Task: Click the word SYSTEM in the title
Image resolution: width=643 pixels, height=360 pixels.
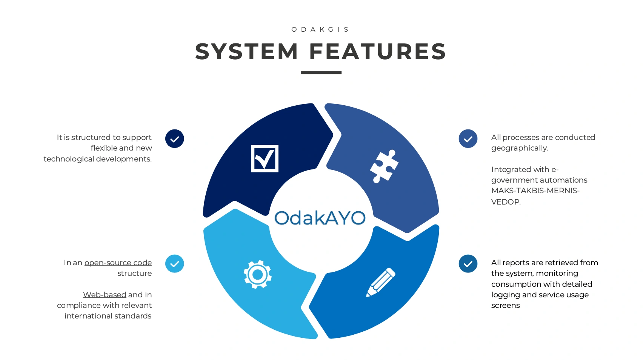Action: [x=247, y=52]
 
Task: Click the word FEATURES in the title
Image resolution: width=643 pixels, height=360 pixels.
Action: [x=378, y=52]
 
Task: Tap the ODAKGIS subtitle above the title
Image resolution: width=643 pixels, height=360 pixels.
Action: [x=321, y=29]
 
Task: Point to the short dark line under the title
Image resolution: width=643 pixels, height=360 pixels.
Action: [x=321, y=72]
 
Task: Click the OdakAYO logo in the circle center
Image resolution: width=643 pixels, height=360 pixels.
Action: [x=320, y=218]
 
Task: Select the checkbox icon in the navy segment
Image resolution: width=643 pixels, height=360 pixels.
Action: [x=265, y=158]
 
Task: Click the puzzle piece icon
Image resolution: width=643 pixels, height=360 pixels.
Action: [x=384, y=166]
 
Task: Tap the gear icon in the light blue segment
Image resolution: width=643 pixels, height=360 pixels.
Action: [x=258, y=274]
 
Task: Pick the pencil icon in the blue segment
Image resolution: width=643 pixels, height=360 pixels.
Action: [x=380, y=282]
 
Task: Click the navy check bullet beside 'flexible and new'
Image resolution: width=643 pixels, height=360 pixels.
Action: [x=175, y=139]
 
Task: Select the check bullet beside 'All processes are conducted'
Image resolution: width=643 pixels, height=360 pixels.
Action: [x=468, y=139]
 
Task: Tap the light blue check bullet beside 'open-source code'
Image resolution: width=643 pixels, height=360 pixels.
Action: [x=175, y=264]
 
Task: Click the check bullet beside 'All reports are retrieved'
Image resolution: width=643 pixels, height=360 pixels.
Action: [x=468, y=264]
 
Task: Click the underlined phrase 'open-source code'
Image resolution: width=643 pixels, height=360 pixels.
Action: [x=118, y=263]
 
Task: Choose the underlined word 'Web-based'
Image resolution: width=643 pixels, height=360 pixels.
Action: [x=105, y=295]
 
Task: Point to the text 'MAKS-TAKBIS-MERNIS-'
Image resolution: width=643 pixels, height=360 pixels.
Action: [x=535, y=191]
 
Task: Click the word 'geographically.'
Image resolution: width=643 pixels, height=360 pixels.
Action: [x=520, y=148]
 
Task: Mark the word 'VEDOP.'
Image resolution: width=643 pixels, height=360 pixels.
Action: [x=506, y=202]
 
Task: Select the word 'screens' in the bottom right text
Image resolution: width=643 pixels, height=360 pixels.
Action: [x=505, y=306]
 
